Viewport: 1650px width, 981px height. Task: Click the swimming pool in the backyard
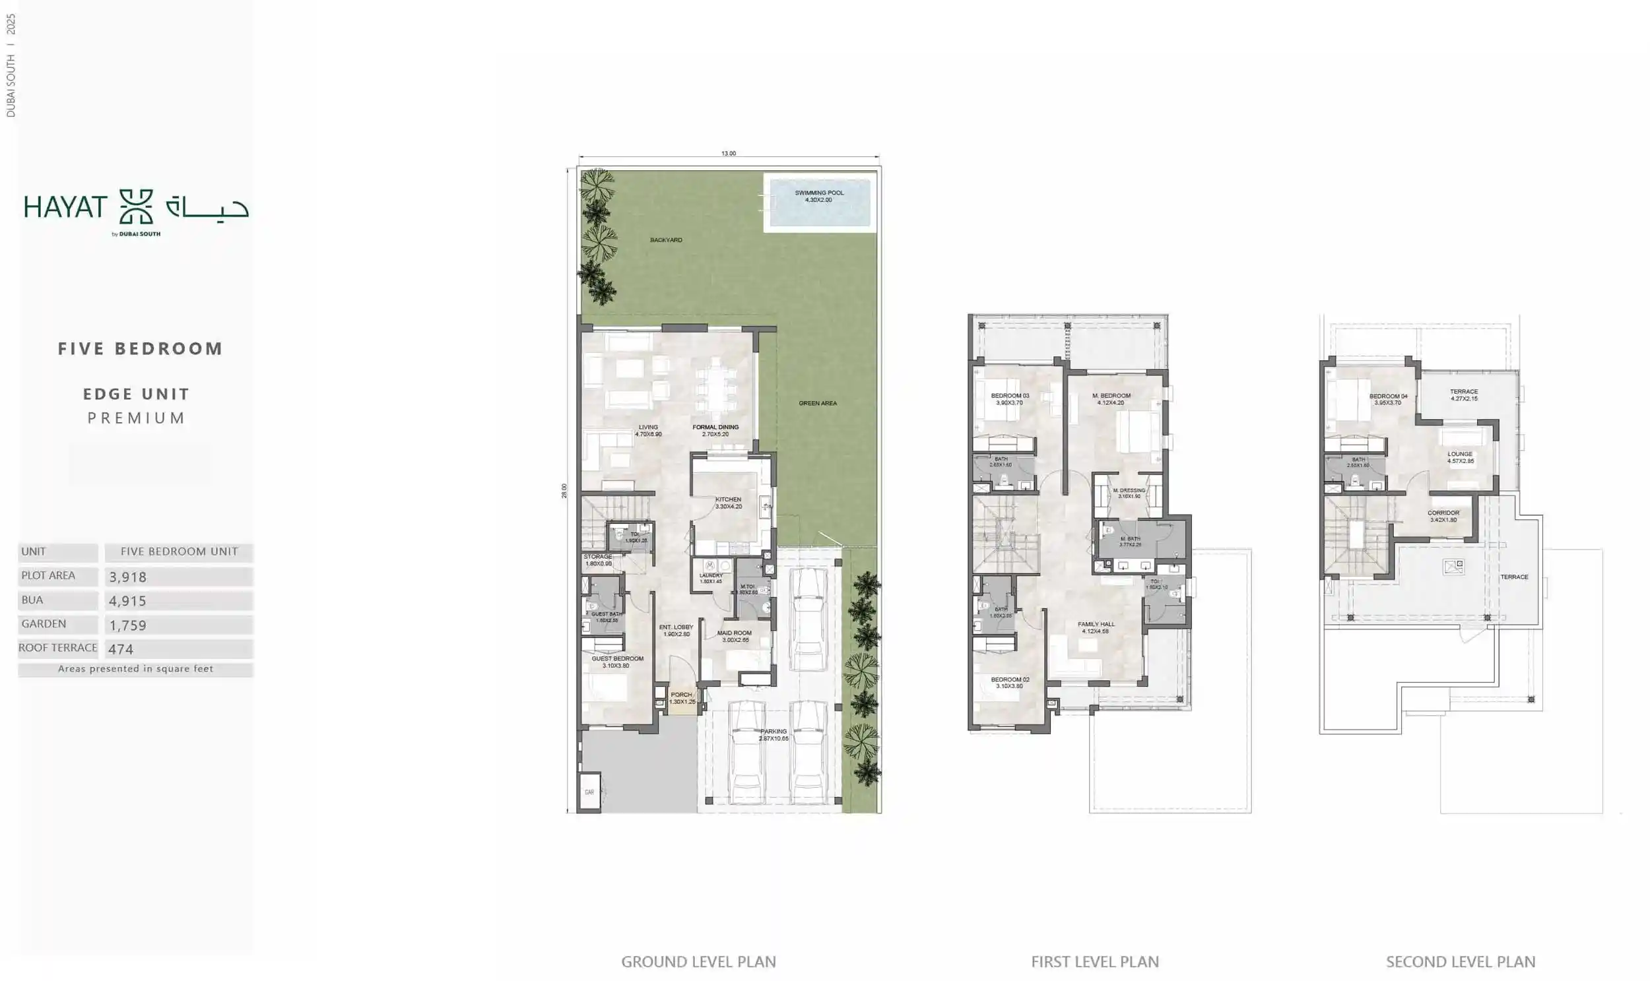coord(818,203)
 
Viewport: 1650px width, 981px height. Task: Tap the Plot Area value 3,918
coord(127,577)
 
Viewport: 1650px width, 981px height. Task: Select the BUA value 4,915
coord(127,601)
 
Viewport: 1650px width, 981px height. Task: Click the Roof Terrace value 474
coord(121,649)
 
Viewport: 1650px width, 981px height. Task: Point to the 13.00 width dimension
coord(728,153)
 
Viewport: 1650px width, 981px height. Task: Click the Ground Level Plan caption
coord(698,962)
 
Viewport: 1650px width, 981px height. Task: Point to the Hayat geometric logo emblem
coord(135,207)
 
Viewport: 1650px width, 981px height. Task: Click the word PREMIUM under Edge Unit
coord(136,418)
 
